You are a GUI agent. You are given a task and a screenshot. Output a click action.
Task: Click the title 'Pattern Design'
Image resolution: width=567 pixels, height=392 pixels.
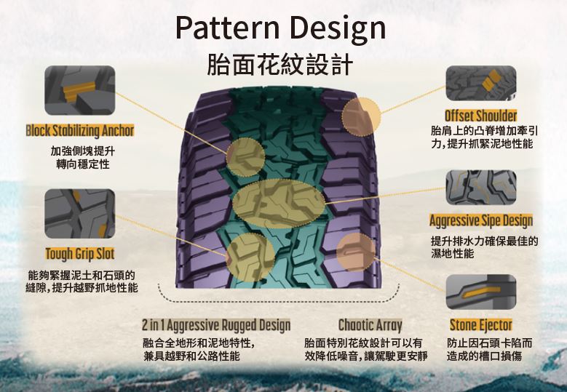[280, 28]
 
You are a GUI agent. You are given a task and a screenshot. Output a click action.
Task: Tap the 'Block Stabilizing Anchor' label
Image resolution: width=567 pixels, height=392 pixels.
[80, 131]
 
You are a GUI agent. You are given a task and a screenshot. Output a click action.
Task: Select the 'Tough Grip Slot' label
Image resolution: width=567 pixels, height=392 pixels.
[80, 254]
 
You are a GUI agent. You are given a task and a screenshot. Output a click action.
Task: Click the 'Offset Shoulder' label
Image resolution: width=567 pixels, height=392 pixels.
[481, 116]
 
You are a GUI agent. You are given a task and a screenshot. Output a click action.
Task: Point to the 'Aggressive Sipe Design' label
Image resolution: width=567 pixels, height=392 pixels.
[481, 220]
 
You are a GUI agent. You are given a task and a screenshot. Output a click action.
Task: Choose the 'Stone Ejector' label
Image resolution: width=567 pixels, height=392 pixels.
[480, 324]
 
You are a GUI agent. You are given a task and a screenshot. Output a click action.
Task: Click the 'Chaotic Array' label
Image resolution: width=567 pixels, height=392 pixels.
[370, 324]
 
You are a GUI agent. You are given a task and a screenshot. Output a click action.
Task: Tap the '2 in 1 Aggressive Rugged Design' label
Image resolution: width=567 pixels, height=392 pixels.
[216, 324]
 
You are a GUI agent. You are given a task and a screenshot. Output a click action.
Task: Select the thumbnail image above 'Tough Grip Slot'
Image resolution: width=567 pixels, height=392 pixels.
[80, 214]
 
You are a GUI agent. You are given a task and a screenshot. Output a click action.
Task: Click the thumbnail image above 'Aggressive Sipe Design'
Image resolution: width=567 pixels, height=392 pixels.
[481, 188]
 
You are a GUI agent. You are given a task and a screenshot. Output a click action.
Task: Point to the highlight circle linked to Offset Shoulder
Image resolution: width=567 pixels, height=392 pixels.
[361, 117]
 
